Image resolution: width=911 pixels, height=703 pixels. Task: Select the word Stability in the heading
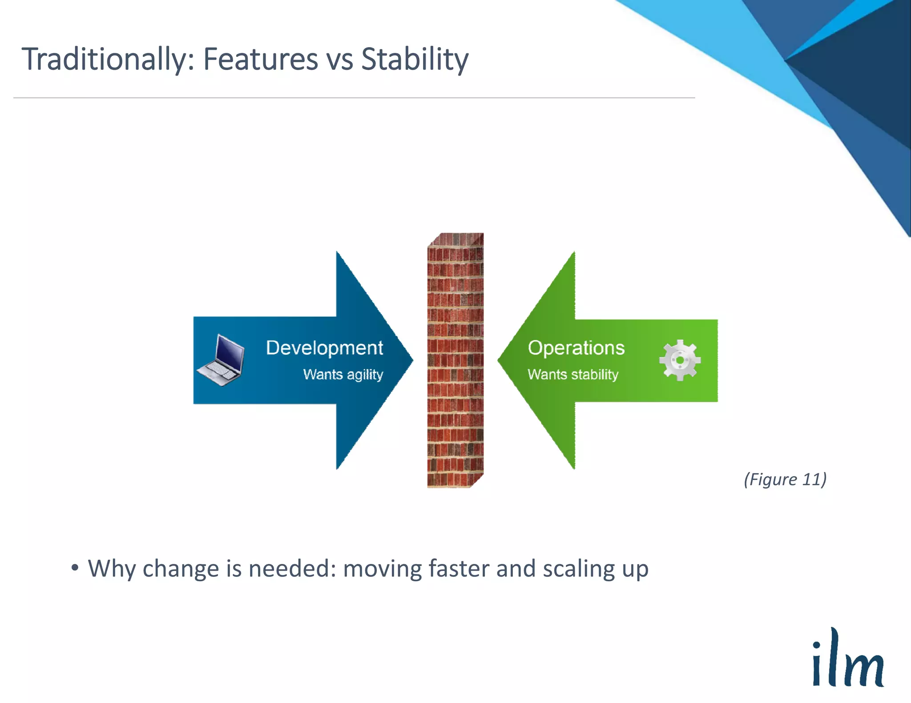tap(414, 60)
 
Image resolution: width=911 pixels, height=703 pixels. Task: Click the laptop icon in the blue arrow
tap(221, 360)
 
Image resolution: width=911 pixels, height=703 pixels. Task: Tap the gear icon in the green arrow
tap(679, 360)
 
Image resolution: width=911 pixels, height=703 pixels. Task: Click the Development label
tap(324, 348)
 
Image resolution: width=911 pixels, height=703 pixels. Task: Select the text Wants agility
tap(343, 375)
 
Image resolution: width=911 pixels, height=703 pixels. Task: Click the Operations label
tap(576, 348)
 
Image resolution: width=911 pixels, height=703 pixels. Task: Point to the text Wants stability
tap(572, 375)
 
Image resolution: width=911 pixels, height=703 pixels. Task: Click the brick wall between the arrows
tap(455, 360)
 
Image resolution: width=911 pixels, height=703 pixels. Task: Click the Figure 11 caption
tap(785, 479)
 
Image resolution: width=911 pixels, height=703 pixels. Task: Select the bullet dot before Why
tap(75, 567)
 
